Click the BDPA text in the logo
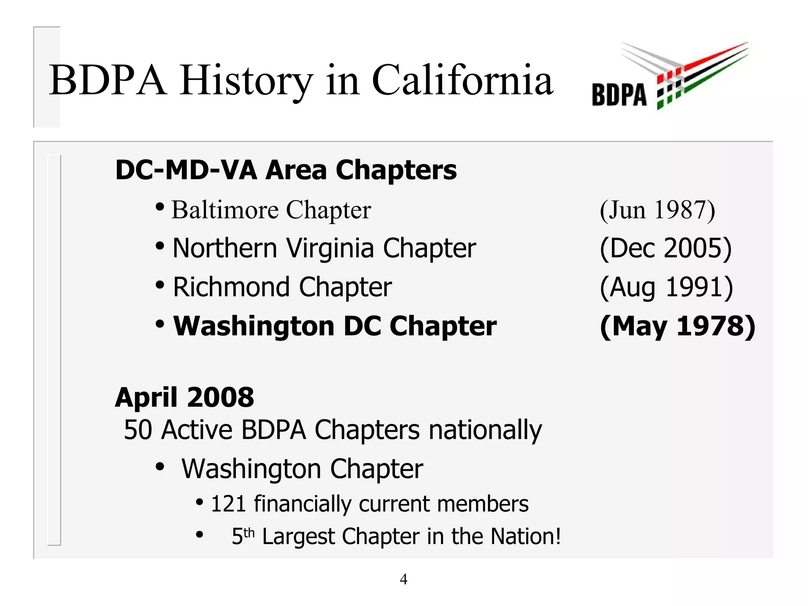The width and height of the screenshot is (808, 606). click(x=619, y=95)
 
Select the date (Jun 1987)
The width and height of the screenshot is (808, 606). click(x=657, y=209)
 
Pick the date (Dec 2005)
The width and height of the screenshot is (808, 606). click(x=666, y=248)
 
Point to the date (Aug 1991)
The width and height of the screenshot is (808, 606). click(x=666, y=287)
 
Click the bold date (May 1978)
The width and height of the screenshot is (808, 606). click(x=677, y=326)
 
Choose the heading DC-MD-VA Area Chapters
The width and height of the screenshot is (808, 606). click(x=286, y=170)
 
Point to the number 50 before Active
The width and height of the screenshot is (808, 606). click(x=138, y=430)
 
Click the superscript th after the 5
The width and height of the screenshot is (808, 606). click(x=249, y=533)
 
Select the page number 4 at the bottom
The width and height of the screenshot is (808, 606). click(x=403, y=579)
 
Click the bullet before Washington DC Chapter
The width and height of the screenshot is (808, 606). click(x=160, y=324)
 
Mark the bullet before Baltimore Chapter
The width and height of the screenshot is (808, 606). click(x=160, y=206)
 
